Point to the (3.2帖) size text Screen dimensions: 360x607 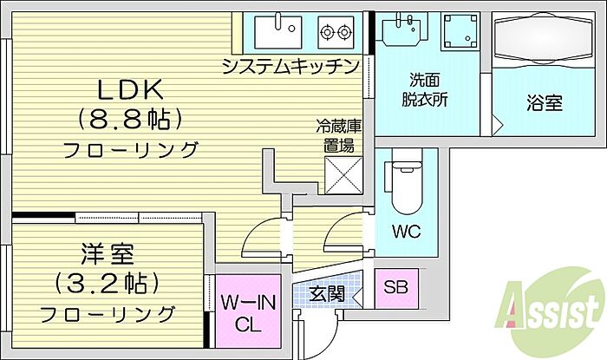click(108, 283)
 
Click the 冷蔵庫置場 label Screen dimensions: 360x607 click(338, 137)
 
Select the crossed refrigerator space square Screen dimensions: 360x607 click(342, 176)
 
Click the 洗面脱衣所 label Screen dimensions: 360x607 click(425, 90)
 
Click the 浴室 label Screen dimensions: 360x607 click(544, 102)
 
